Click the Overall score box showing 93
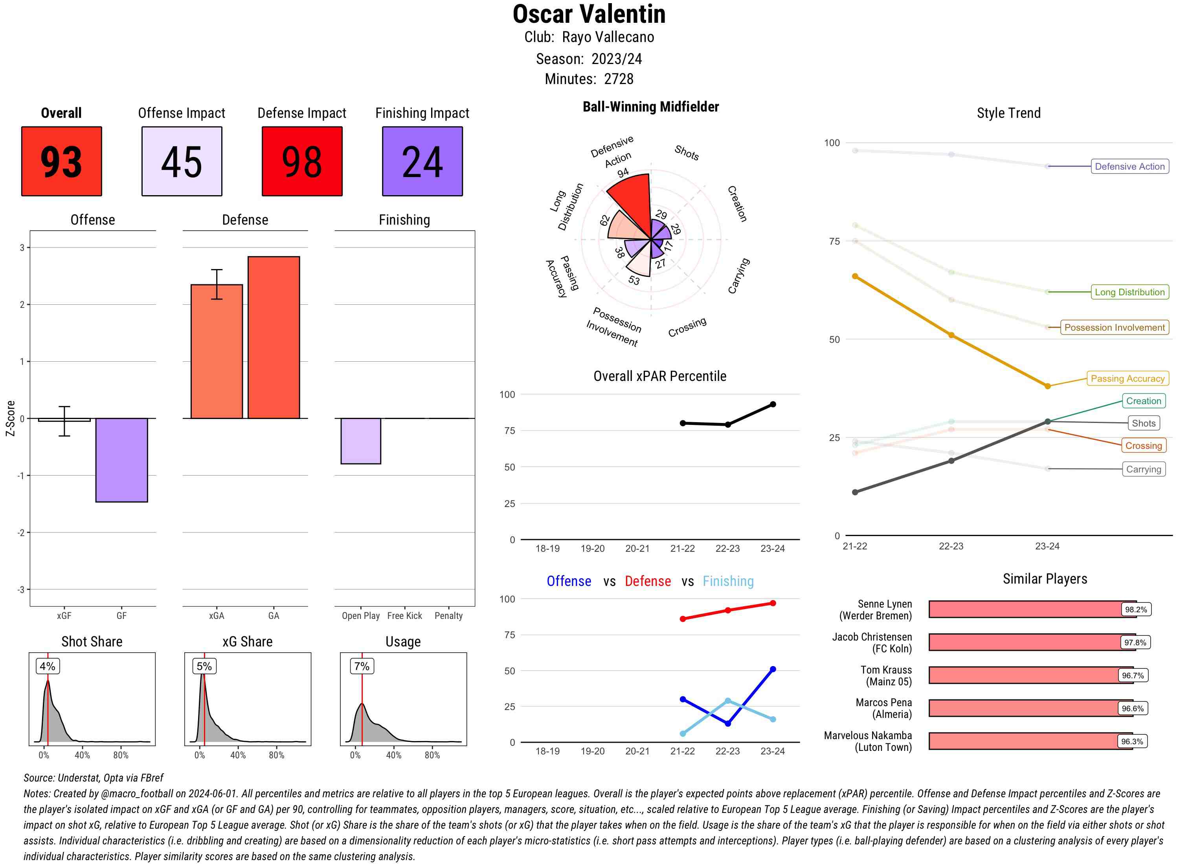pyautogui.click(x=61, y=161)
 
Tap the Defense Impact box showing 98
pyautogui.click(x=302, y=161)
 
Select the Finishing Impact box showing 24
pyautogui.click(x=422, y=161)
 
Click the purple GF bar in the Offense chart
pyautogui.click(x=121, y=460)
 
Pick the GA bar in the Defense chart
pyautogui.click(x=274, y=337)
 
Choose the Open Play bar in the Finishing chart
pyautogui.click(x=360, y=441)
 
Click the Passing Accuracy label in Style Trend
pyautogui.click(x=1127, y=379)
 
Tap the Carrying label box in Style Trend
pyautogui.click(x=1143, y=469)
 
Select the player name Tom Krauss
pyautogui.click(x=886, y=670)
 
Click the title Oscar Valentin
pyautogui.click(x=589, y=14)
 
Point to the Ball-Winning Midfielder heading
pyautogui.click(x=650, y=107)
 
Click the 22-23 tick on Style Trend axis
pyautogui.click(x=951, y=546)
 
